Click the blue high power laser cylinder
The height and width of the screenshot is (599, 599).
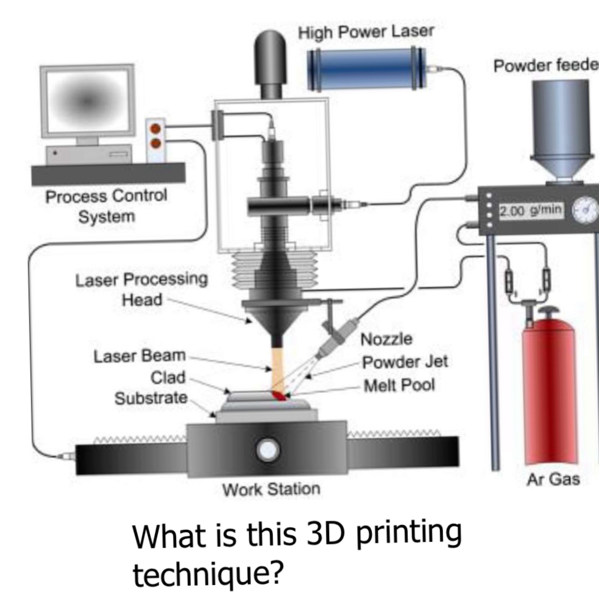point(366,70)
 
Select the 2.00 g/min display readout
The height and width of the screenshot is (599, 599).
point(531,210)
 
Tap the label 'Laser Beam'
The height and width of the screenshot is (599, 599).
point(139,356)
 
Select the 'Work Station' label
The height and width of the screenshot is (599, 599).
point(271,489)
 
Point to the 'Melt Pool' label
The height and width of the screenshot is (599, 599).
point(399,385)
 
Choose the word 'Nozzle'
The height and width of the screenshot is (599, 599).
point(386,339)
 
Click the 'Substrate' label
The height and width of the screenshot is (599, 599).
point(151,398)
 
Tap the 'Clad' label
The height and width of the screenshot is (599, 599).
point(168,377)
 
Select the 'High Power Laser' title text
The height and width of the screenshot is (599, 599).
point(366,32)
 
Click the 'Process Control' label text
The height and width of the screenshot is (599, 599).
point(106,196)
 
